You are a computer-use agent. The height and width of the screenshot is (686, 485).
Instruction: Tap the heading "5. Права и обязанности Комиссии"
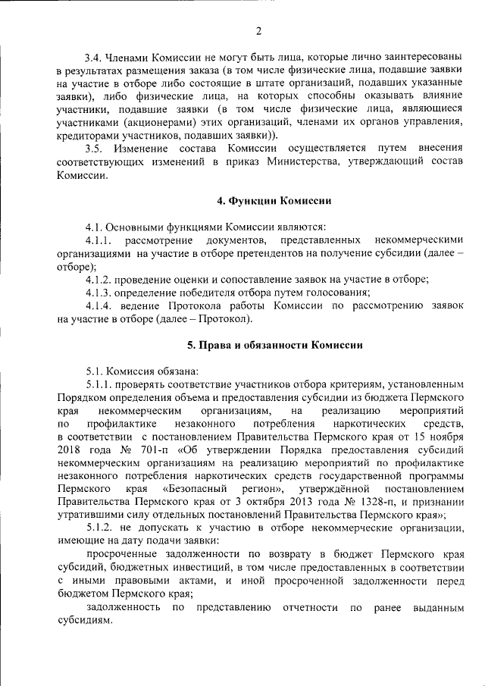[275, 345]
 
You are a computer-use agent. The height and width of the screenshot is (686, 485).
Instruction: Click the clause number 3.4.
[94, 56]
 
